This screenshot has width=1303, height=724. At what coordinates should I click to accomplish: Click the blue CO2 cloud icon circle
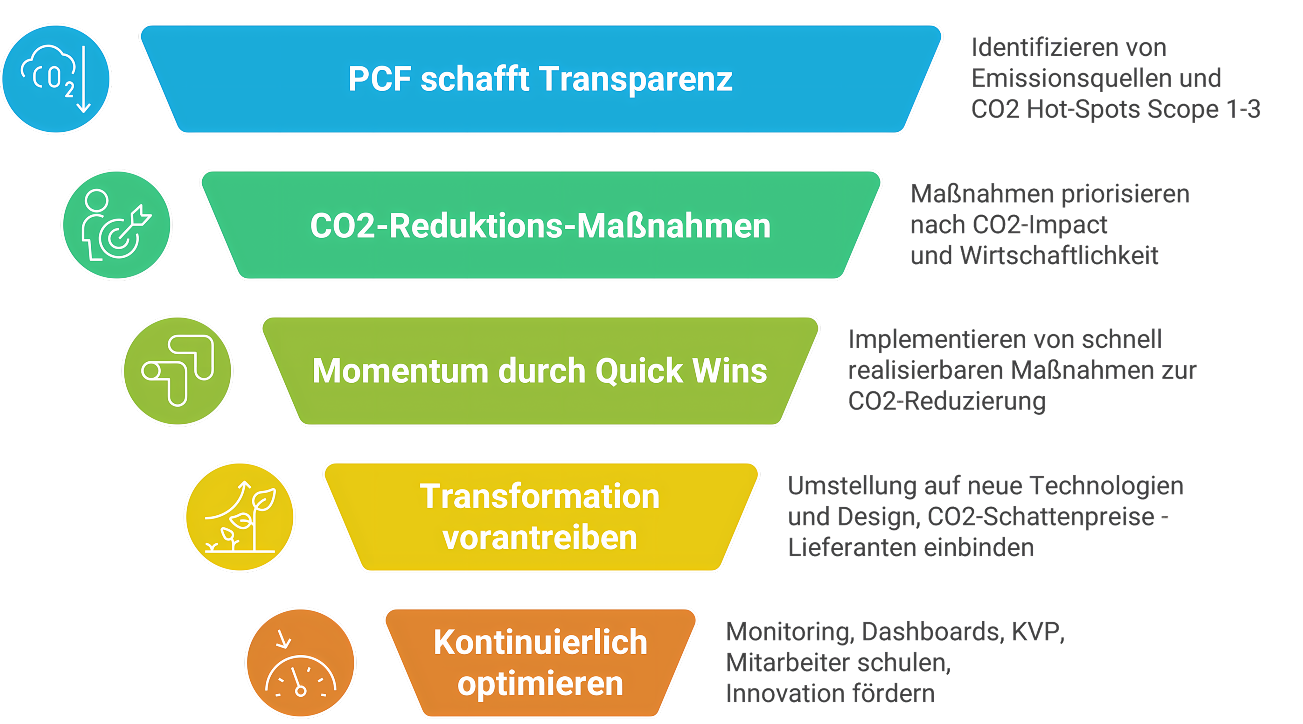[x=56, y=79]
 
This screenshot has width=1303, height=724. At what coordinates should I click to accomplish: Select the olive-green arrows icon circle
[x=178, y=371]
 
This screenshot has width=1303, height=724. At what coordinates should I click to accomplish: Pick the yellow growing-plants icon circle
[x=240, y=517]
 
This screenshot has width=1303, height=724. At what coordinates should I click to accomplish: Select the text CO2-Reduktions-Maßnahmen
[x=540, y=226]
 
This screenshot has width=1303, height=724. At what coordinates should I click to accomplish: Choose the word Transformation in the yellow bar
[x=540, y=496]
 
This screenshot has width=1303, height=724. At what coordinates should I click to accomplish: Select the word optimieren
[x=540, y=684]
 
